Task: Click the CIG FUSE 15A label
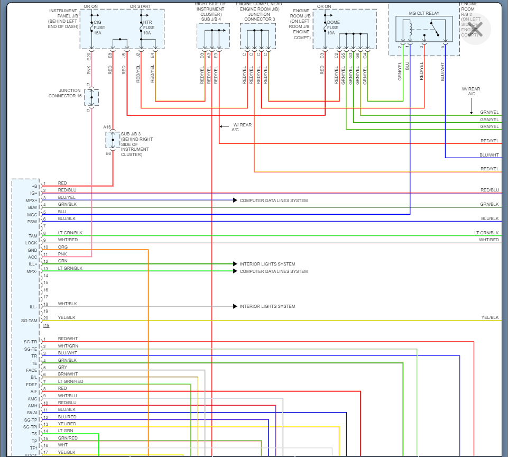97,28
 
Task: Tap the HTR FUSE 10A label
149,28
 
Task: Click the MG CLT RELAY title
423,12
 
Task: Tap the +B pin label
34,186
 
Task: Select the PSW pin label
33,222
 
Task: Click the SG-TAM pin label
29,321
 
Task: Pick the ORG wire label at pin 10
63,247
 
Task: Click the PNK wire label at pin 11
62,254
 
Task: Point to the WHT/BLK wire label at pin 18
68,304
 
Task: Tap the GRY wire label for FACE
62,367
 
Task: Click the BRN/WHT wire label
68,374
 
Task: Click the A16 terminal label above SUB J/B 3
107,127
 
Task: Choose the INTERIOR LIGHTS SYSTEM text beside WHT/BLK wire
267,306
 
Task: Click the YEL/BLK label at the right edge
489,317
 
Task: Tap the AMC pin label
32,399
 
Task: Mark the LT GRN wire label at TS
66,431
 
